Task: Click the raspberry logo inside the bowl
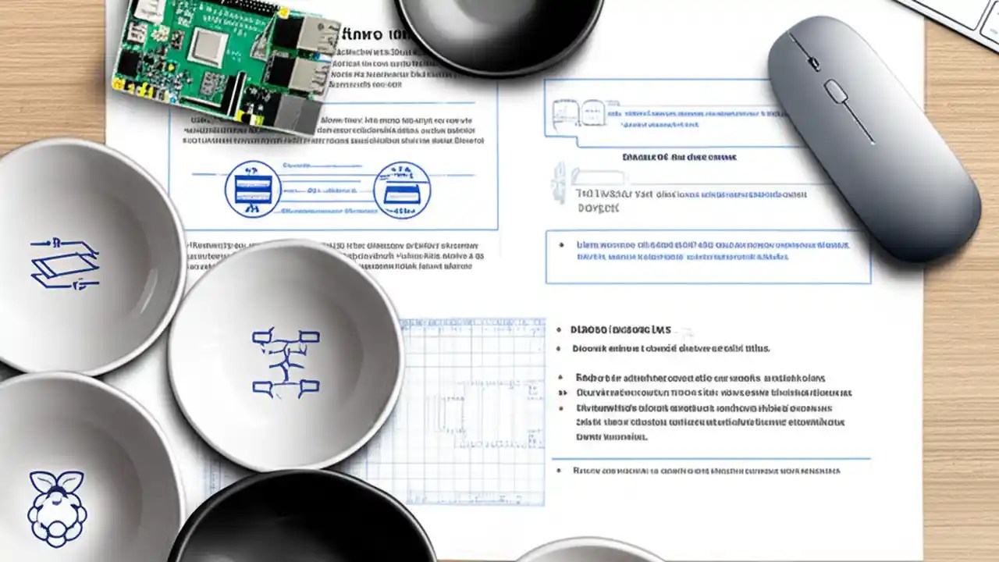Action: coord(57,507)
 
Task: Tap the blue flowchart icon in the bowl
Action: coord(286,361)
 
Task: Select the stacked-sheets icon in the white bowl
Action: coord(65,263)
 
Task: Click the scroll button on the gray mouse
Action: coord(837,91)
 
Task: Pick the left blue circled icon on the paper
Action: coord(253,189)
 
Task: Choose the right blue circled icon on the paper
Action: coord(402,190)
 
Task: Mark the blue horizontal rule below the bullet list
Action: coord(710,458)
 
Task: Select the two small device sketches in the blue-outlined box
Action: coord(578,112)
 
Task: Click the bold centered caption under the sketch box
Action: coord(679,157)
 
